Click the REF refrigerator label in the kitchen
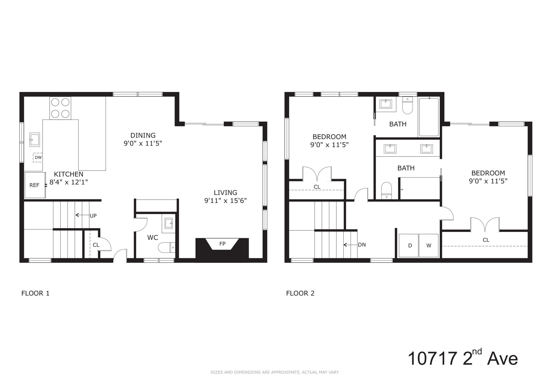[x=34, y=185]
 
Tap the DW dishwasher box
[x=38, y=158]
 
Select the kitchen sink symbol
[x=35, y=140]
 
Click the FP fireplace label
[x=222, y=244]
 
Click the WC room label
[x=153, y=237]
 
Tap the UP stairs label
[x=93, y=216]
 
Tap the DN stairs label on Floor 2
[x=362, y=245]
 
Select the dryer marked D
[x=409, y=245]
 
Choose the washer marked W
[x=429, y=245]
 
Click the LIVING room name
[x=225, y=192]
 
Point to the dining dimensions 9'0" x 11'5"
[x=143, y=144]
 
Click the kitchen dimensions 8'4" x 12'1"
[x=69, y=182]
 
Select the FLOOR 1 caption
[x=35, y=293]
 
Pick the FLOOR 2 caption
[x=300, y=293]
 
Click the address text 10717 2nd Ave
[x=462, y=358]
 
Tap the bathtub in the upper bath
[x=429, y=117]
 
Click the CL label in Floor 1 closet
[x=96, y=245]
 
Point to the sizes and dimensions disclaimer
[x=274, y=372]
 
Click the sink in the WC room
[x=169, y=223]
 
